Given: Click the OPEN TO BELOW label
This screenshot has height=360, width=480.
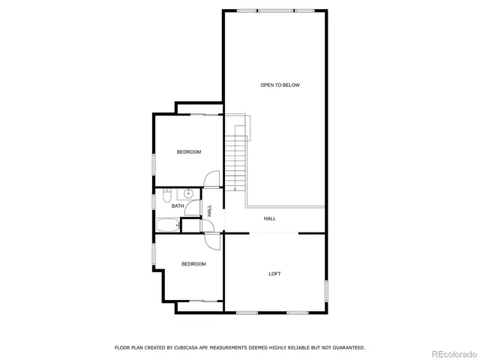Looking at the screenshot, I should click(280, 85).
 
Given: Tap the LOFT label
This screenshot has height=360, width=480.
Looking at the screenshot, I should click(275, 274).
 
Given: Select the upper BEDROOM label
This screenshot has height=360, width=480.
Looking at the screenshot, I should click(189, 152).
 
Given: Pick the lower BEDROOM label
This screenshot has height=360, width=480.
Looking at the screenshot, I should click(193, 264).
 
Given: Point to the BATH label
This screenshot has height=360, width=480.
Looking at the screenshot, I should click(178, 205).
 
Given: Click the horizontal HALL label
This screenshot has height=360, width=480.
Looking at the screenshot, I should click(270, 218).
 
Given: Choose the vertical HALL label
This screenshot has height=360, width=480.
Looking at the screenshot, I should click(210, 212).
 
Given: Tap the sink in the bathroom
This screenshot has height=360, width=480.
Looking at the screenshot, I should click(190, 193).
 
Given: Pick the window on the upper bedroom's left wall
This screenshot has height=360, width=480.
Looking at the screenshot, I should click(154, 163).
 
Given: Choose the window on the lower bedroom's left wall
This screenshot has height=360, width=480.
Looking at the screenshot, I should click(154, 254).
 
